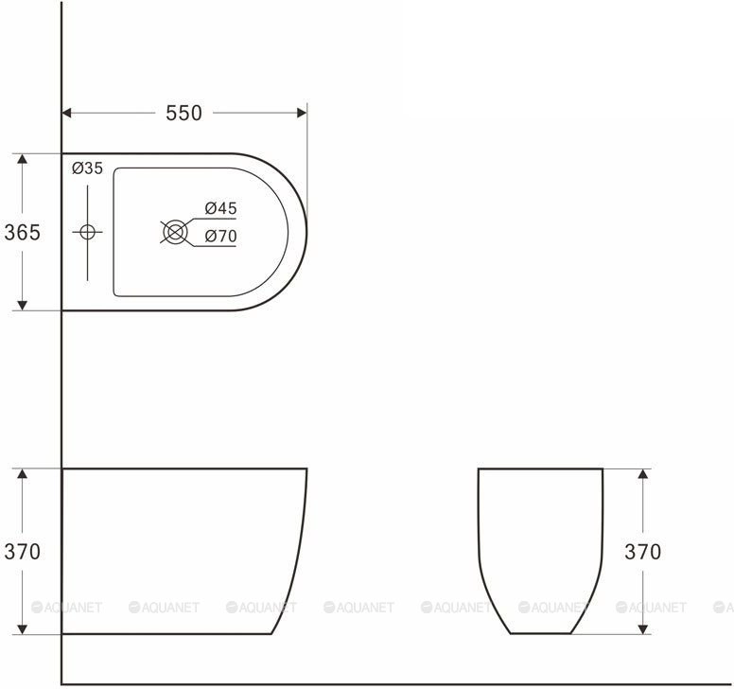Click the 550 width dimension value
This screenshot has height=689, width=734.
click(x=183, y=113)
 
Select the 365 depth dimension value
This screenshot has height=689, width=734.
click(x=22, y=232)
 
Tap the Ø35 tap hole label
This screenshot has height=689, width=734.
click(x=87, y=168)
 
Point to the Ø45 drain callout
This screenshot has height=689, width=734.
click(x=220, y=208)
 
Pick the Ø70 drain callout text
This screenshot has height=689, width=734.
click(x=220, y=237)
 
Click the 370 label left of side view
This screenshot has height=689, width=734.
click(x=22, y=552)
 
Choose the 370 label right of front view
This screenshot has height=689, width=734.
click(x=642, y=552)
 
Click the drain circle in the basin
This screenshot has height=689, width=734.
click(x=173, y=232)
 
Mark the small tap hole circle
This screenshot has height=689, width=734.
click(x=87, y=232)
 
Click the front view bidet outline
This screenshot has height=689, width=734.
click(x=540, y=549)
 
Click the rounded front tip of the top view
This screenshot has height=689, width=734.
click(x=306, y=232)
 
